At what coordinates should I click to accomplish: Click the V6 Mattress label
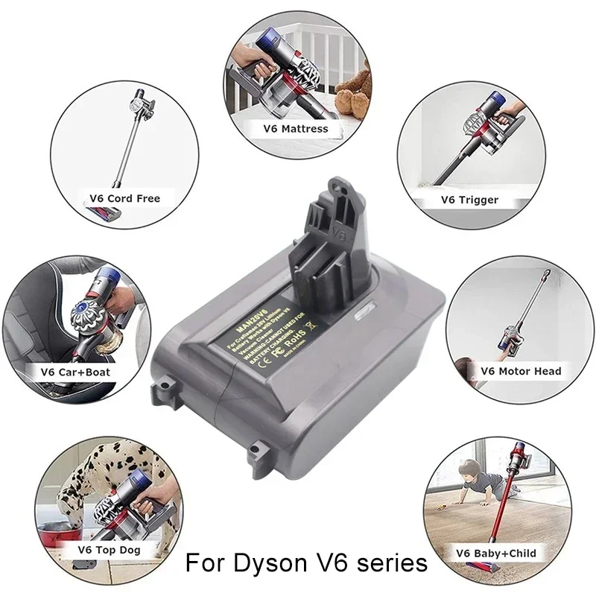point(296,128)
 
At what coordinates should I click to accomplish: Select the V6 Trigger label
point(469,200)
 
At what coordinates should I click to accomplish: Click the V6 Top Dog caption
point(110,550)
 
